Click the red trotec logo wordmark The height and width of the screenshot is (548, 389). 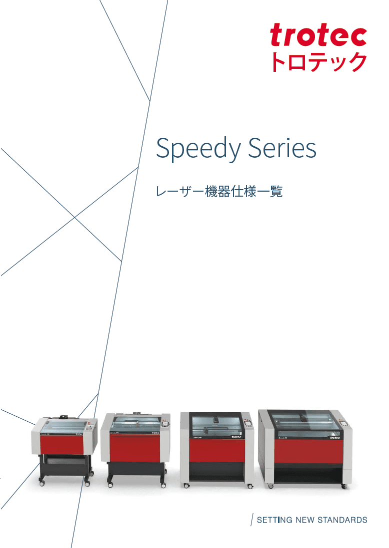click(x=318, y=35)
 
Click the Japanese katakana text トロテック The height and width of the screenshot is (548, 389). click(x=318, y=62)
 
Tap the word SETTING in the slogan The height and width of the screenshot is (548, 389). click(x=274, y=520)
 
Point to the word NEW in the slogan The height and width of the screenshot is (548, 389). click(x=305, y=520)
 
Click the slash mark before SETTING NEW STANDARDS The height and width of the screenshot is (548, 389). click(x=252, y=519)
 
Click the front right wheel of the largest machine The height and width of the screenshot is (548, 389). click(x=343, y=486)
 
